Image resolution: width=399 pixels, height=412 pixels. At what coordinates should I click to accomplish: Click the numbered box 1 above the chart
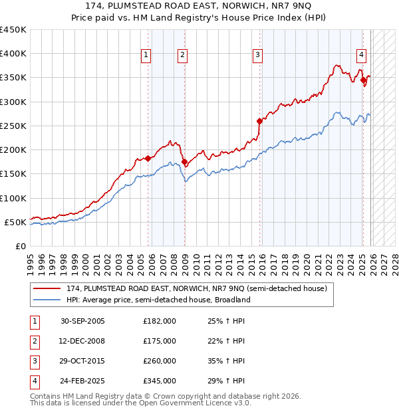coord(145,56)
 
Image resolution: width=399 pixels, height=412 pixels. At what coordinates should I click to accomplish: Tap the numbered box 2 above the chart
coord(182,56)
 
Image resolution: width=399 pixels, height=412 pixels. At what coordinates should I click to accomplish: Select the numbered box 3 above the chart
coord(257,56)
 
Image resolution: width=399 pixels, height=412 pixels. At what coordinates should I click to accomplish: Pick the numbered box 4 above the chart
coord(360,56)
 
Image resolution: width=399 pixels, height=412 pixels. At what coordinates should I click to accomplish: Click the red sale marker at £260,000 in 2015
coord(260,121)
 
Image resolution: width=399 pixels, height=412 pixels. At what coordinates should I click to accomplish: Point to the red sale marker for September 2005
coord(148,158)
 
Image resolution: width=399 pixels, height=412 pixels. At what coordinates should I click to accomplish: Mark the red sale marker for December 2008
coord(184,161)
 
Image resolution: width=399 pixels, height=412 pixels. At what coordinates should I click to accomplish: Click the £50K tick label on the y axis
coord(16,222)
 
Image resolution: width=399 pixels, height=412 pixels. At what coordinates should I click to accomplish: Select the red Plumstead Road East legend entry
coord(196,289)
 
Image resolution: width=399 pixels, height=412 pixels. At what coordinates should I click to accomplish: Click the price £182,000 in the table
coord(160,321)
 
